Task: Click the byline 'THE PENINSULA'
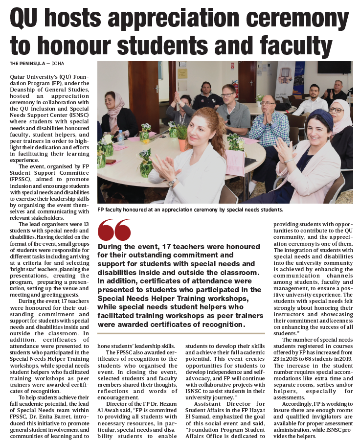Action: [27, 63]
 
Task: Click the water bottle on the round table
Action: [121, 138]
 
